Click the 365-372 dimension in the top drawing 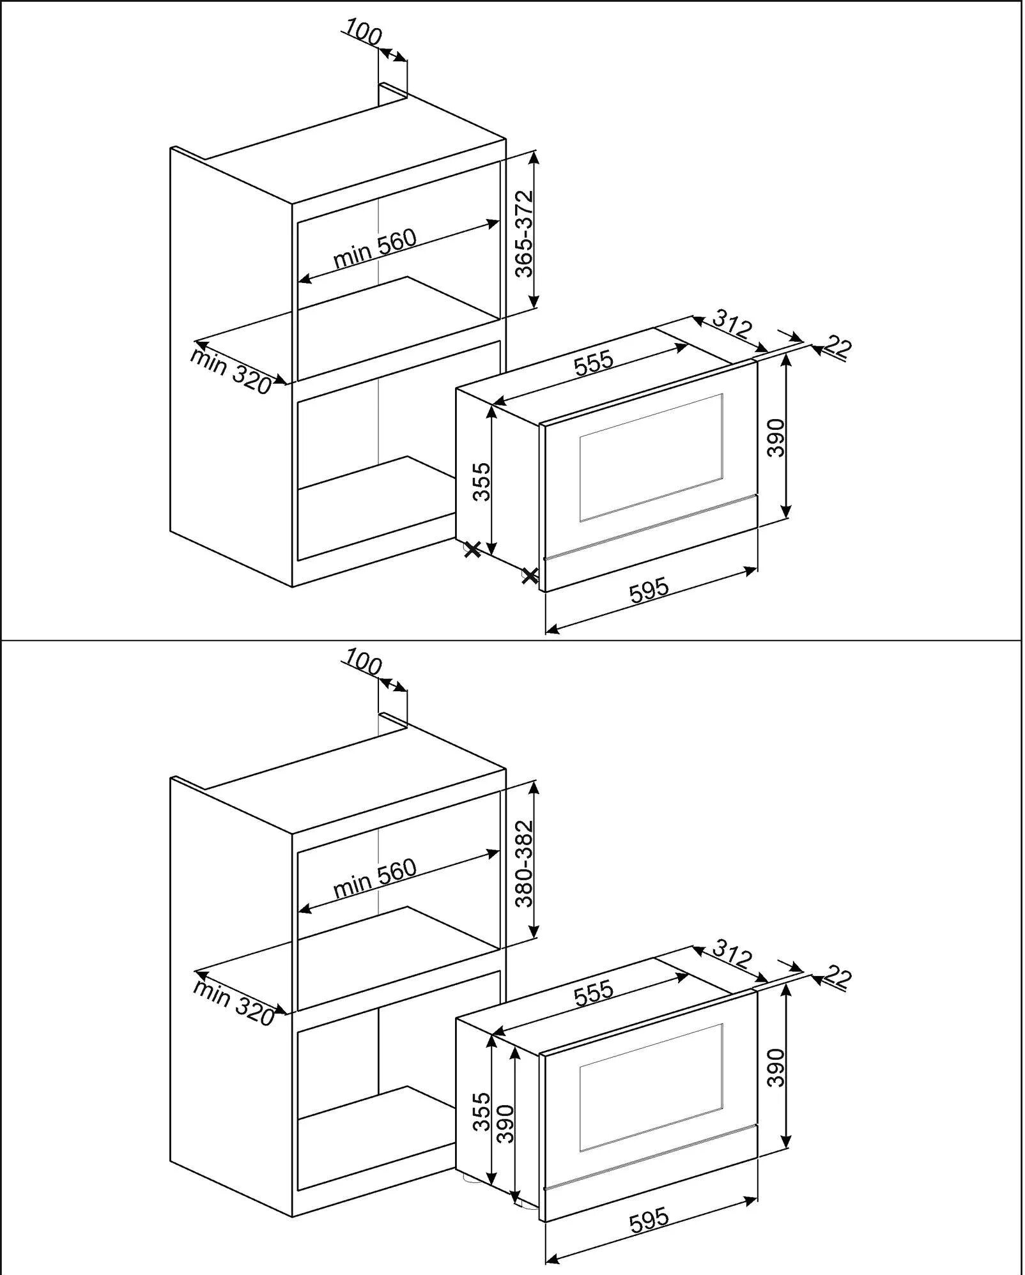click(524, 234)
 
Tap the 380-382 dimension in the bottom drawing click(524, 864)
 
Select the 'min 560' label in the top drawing click(374, 248)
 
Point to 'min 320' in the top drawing click(230, 371)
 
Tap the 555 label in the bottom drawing click(594, 992)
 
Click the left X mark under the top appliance click(472, 549)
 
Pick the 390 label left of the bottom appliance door click(505, 1124)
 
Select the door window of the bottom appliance click(651, 1087)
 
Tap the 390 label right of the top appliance click(775, 438)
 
